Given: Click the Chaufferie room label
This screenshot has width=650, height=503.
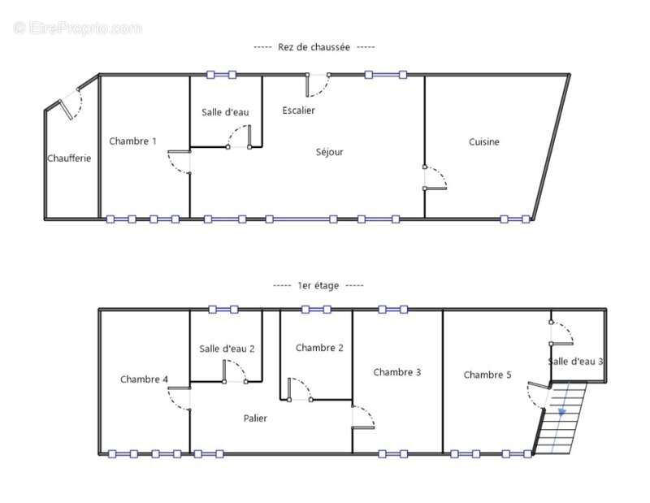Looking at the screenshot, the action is click(69, 158).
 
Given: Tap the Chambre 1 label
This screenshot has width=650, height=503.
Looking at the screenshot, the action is click(132, 141).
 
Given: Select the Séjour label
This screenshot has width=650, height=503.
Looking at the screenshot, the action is click(330, 152).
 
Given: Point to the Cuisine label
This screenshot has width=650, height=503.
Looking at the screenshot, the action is click(484, 142).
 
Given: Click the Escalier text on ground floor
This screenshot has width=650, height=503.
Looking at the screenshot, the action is click(298, 111).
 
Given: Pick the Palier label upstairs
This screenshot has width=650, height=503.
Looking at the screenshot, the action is click(255, 418).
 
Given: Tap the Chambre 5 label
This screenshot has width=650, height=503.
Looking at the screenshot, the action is click(487, 375).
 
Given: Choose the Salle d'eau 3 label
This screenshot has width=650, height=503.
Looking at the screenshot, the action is click(576, 361).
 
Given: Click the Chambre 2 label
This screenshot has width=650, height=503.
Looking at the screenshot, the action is click(319, 348).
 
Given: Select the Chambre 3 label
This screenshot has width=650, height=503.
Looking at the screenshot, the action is click(397, 372).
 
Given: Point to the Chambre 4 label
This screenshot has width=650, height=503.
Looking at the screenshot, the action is click(145, 379).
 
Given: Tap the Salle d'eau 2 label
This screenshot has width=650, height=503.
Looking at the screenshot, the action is click(227, 349).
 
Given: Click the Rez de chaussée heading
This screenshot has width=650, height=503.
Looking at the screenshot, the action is click(314, 47).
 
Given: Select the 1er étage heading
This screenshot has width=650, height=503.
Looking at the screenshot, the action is click(318, 286).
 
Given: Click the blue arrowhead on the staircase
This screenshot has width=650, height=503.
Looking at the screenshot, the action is click(562, 412).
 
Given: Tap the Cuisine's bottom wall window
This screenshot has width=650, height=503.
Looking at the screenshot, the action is click(515, 219).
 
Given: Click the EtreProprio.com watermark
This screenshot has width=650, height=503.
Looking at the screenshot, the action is click(78, 28).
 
